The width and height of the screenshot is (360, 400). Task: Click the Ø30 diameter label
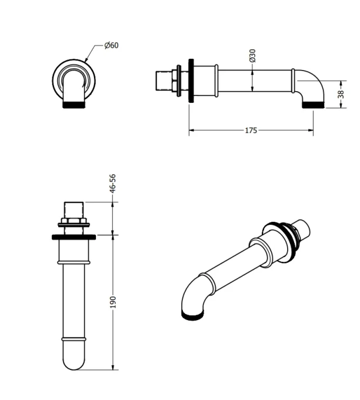(252, 56)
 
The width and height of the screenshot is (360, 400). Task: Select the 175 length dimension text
(251, 130)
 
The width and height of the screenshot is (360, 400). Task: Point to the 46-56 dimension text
(113, 183)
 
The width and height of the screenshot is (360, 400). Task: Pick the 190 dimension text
(113, 302)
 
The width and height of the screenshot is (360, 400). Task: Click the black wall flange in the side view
(190, 81)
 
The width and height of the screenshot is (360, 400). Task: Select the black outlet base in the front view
(74, 105)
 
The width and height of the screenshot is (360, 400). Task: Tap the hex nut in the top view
(74, 222)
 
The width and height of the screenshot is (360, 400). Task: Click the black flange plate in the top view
(74, 236)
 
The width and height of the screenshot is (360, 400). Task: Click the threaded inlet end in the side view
(162, 81)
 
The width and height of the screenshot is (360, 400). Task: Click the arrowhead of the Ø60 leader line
(86, 61)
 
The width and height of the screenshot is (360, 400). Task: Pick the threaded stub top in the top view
(74, 209)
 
